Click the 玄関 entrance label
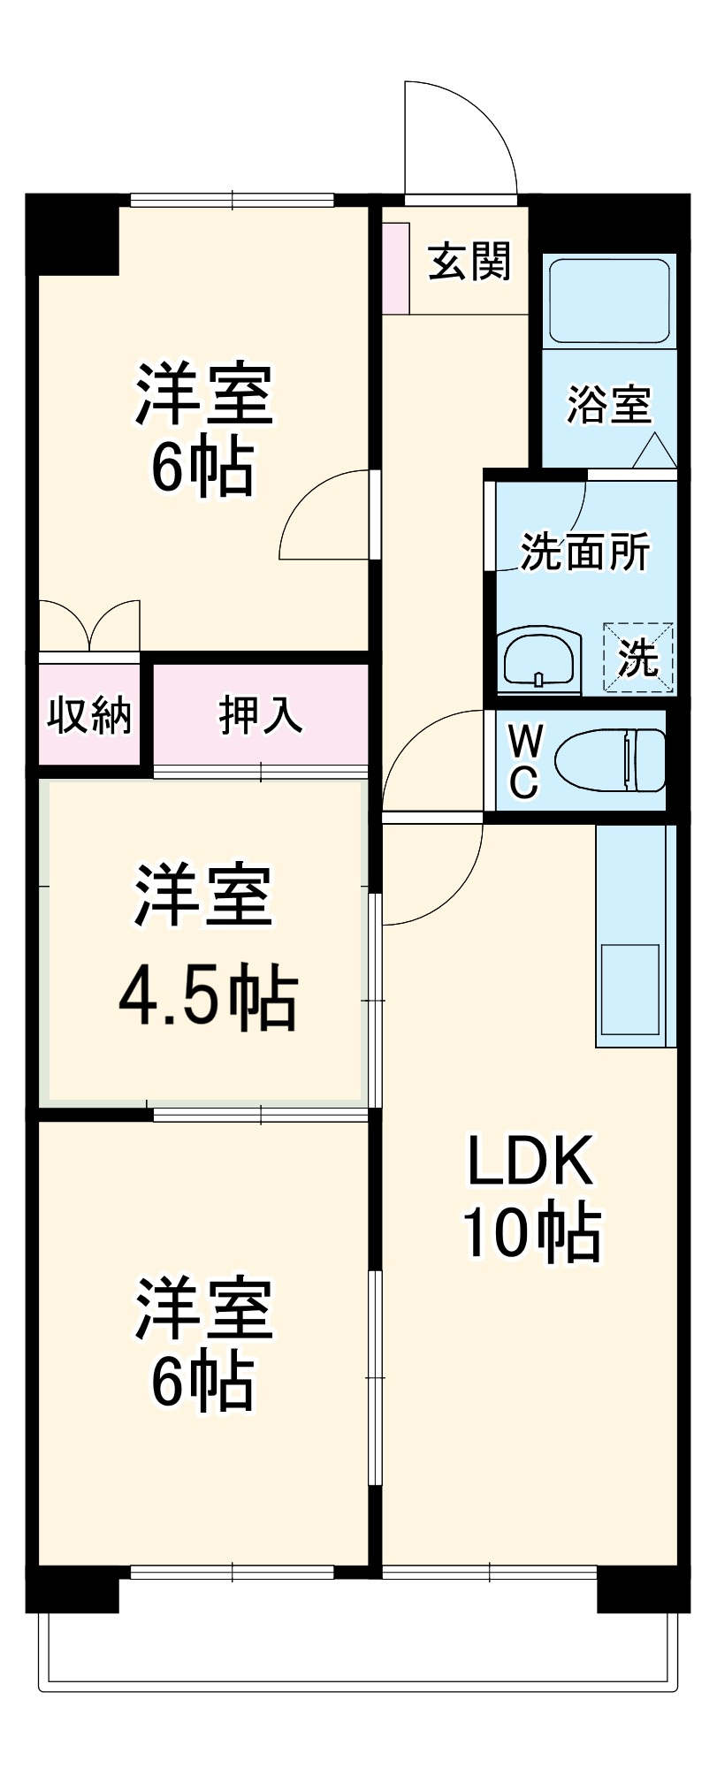pyautogui.click(x=469, y=262)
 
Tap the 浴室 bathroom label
pyautogui.click(x=608, y=405)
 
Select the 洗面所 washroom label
pyautogui.click(x=584, y=552)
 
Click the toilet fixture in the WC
pyautogui.click(x=610, y=760)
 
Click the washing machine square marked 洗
pyautogui.click(x=638, y=657)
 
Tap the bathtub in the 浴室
pyautogui.click(x=609, y=300)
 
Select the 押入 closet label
pyautogui.click(x=261, y=714)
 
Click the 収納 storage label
pyautogui.click(x=89, y=714)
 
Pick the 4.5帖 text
pyautogui.click(x=208, y=1000)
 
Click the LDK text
pyautogui.click(x=530, y=1162)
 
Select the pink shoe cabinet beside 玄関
pyautogui.click(x=395, y=268)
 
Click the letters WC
pyautogui.click(x=523, y=760)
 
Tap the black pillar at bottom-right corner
pyautogui.click(x=643, y=1589)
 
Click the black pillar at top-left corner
pyautogui.click(x=72, y=234)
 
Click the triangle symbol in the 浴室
pyautogui.click(x=654, y=451)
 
